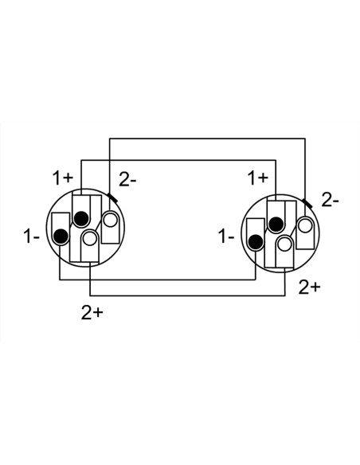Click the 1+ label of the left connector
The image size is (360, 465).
click(x=63, y=178)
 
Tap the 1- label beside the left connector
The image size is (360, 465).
click(x=31, y=236)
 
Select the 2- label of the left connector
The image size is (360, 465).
click(x=127, y=179)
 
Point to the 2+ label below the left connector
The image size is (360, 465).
click(x=92, y=313)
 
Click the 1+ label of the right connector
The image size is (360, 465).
click(x=258, y=178)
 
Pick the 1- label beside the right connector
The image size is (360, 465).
click(x=226, y=236)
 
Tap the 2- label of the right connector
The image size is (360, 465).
click(x=330, y=201)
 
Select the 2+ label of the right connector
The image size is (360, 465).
click(x=310, y=287)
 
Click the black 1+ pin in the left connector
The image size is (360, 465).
click(x=81, y=218)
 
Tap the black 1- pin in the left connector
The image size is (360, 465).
click(x=61, y=236)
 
